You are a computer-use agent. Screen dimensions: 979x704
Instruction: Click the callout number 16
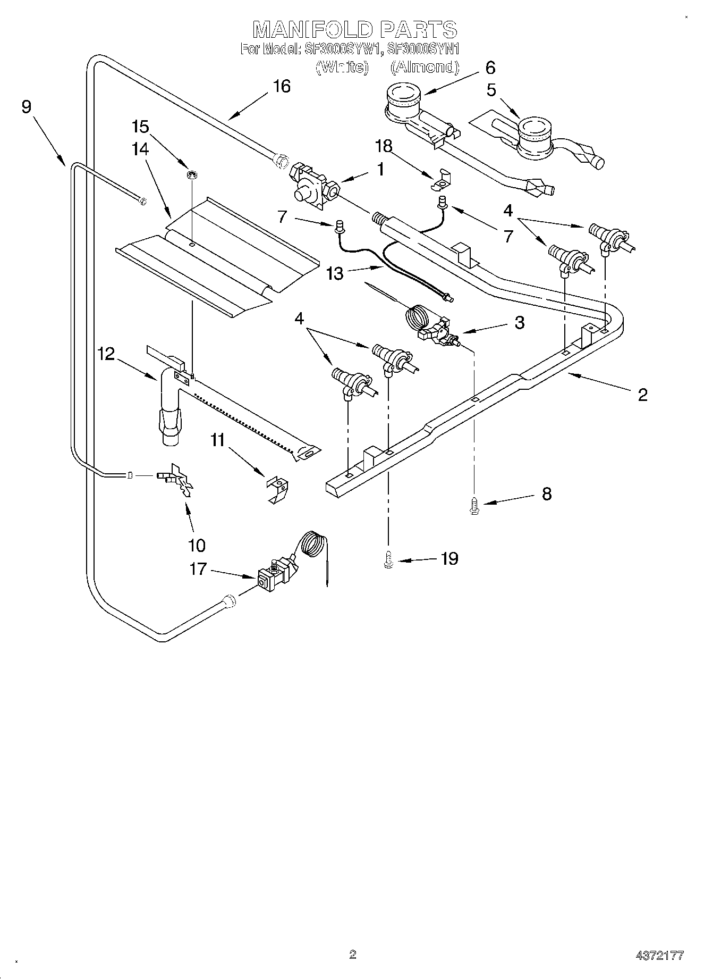(x=282, y=86)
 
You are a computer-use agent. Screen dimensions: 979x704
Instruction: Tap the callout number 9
(x=27, y=106)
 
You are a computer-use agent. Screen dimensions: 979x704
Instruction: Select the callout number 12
(x=106, y=354)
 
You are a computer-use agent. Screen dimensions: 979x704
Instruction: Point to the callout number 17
(x=198, y=570)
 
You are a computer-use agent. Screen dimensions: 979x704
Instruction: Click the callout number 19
(x=449, y=558)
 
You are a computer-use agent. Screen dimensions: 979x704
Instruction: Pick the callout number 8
(x=546, y=494)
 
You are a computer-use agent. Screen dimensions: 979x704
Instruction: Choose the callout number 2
(x=642, y=395)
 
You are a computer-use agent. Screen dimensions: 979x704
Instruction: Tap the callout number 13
(x=335, y=273)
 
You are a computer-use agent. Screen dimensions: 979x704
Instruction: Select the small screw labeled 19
(x=388, y=560)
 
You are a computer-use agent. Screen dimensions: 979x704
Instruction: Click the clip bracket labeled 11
(x=278, y=489)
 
